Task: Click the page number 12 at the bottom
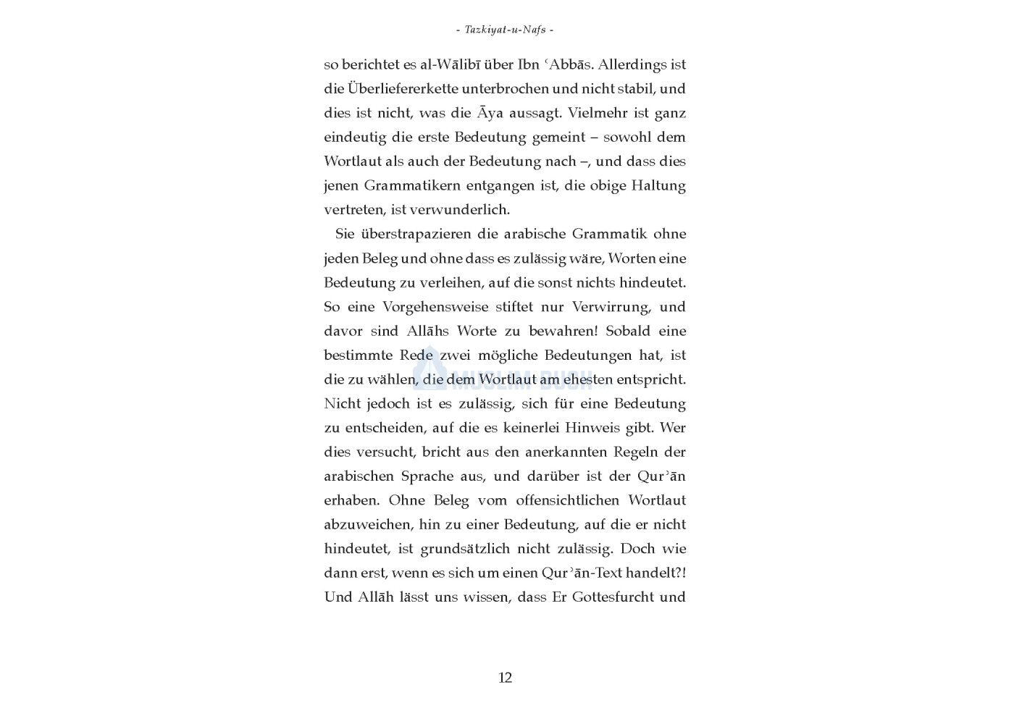point(505,678)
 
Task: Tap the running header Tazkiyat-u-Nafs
point(506,30)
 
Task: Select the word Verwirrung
point(611,307)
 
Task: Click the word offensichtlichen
point(566,500)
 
